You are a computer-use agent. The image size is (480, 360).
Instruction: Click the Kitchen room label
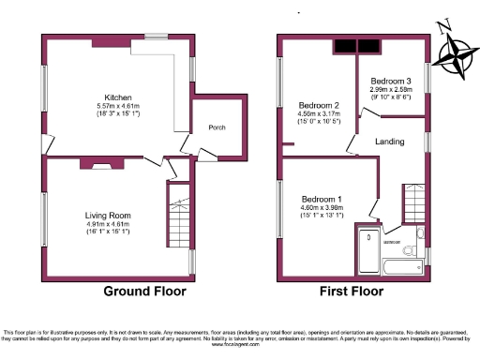(x=117, y=97)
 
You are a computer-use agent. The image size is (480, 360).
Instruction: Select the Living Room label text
(x=108, y=216)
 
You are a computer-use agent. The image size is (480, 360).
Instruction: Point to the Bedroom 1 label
(x=322, y=199)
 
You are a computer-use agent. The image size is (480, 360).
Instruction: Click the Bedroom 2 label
(x=318, y=105)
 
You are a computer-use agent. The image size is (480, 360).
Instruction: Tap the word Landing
(x=389, y=142)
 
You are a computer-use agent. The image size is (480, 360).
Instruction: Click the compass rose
(x=458, y=52)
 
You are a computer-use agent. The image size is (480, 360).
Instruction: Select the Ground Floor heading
(x=144, y=291)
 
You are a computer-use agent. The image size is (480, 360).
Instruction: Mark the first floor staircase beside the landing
(x=412, y=201)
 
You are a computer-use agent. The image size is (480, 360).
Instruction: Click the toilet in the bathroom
(x=409, y=250)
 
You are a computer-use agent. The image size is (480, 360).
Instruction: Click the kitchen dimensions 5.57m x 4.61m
(x=117, y=106)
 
